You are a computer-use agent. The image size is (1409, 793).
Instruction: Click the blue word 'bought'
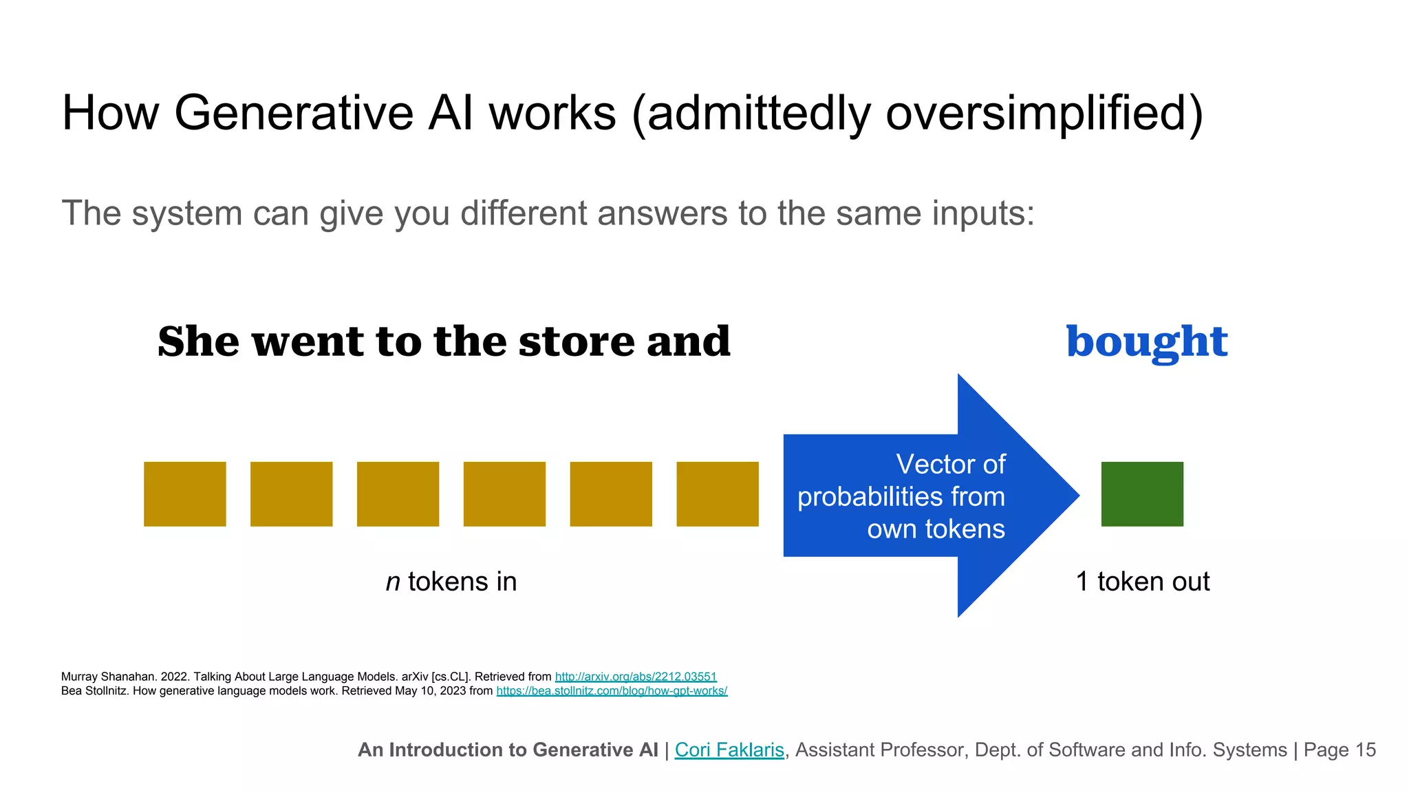pos(1146,342)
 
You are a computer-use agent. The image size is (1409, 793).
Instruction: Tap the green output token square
pos(1142,494)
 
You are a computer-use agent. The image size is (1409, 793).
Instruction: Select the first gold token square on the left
pos(184,494)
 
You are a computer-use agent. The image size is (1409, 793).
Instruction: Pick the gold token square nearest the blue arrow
pos(717,494)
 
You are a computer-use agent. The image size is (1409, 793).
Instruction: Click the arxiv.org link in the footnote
pos(636,677)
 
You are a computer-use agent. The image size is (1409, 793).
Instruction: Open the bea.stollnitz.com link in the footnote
pos(612,690)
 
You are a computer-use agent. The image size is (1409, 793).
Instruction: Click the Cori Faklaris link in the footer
pos(729,750)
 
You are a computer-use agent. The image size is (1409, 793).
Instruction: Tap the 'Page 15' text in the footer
pos(1340,750)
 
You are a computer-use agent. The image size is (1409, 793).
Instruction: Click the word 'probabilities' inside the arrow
pos(870,497)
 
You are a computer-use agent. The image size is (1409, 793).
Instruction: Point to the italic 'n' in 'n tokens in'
pos(393,582)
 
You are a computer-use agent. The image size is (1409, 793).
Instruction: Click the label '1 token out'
pos(1142,582)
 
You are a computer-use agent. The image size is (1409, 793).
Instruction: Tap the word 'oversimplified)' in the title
pos(1044,113)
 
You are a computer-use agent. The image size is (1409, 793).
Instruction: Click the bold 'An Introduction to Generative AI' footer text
pos(508,750)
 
